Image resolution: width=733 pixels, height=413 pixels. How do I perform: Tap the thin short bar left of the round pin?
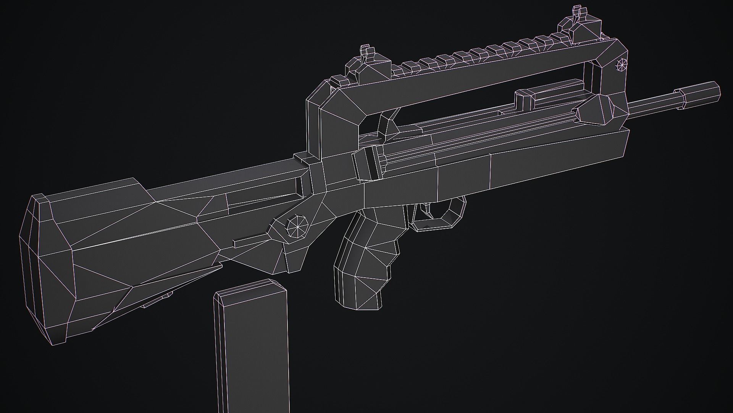[x=250, y=241]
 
